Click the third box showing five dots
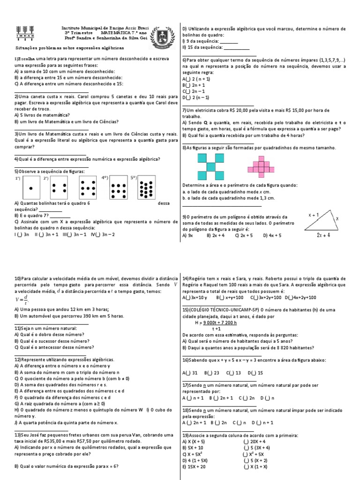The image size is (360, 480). [88, 188]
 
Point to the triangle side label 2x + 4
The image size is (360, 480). [323, 235]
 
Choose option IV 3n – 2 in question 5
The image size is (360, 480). [103, 234]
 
